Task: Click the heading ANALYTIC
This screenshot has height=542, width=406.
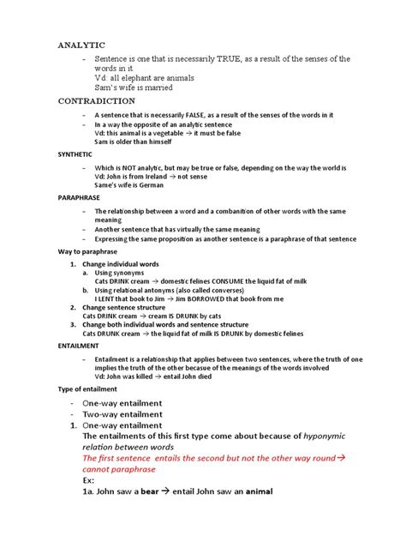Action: [81, 42]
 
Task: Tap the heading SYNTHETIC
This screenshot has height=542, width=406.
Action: [77, 154]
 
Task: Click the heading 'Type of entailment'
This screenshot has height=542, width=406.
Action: [90, 388]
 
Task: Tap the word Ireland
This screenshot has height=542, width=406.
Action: [150, 176]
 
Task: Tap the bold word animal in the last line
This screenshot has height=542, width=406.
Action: [267, 492]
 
